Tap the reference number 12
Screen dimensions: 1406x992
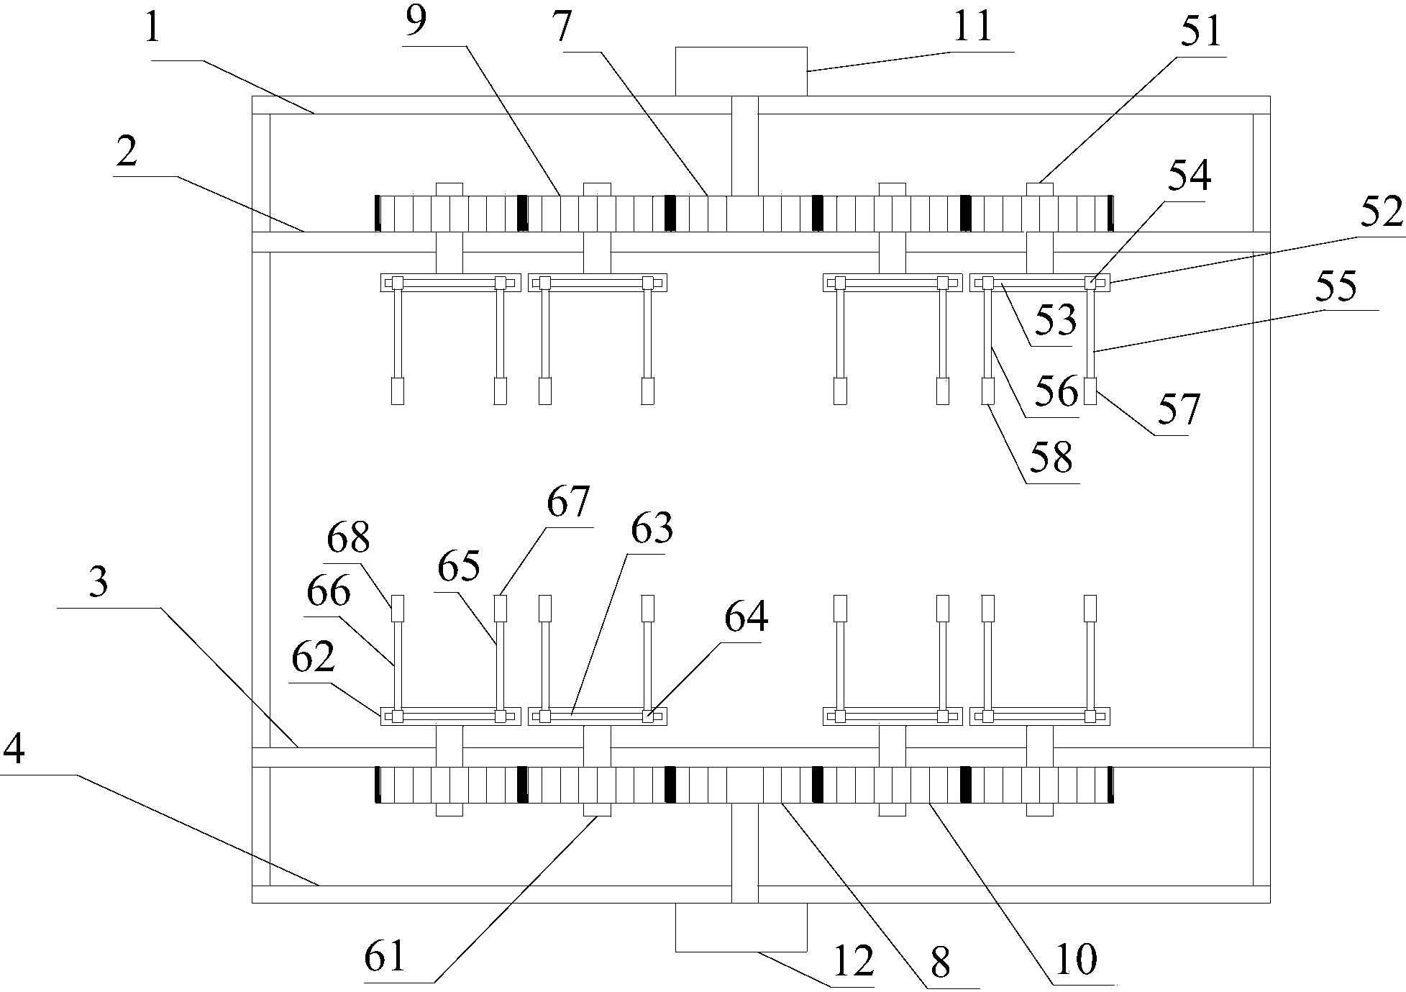point(853,961)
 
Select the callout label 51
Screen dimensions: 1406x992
point(1202,33)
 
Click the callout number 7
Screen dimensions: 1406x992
point(562,27)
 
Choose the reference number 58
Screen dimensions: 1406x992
point(1051,458)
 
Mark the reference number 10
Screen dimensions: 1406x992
point(1076,959)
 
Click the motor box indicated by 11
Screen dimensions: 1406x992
point(741,71)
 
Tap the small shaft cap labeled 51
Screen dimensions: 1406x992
point(1039,189)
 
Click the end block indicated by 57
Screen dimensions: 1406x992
point(1090,391)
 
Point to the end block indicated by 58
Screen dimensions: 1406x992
point(988,391)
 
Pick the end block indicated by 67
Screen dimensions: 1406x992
point(501,608)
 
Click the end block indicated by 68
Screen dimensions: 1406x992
point(398,608)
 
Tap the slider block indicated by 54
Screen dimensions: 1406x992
point(1090,283)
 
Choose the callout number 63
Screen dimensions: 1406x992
point(652,529)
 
